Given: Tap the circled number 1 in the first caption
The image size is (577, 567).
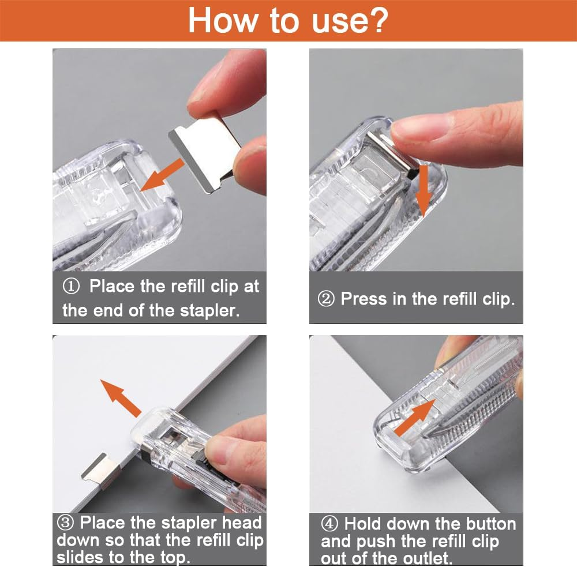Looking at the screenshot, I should [x=73, y=287].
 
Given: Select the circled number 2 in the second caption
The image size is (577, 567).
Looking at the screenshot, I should [x=327, y=299].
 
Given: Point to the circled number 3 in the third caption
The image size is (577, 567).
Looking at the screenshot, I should [x=65, y=523].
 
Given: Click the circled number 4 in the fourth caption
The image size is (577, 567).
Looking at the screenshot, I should [x=330, y=524].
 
